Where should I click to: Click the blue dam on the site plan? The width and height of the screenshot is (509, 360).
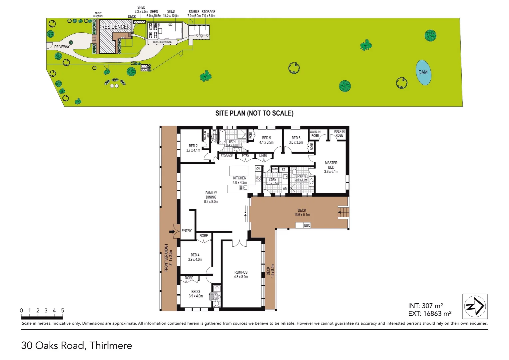pos(423,73)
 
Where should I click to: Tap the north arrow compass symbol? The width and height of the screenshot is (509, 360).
pos(475,306)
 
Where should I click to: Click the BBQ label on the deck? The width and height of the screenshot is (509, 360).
pos(307,226)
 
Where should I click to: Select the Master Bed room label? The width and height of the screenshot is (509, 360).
pos(331,167)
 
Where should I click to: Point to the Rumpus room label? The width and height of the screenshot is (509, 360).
pos(241,274)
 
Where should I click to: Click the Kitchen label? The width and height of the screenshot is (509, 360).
pos(240,180)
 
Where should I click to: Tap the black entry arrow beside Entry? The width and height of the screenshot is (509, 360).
pos(172,232)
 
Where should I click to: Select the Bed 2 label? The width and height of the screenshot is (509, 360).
pos(193,148)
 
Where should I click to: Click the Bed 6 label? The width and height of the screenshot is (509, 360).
pos(296,140)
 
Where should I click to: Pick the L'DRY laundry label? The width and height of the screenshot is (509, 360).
pos(272,181)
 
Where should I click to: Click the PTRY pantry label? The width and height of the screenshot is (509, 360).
pos(246,156)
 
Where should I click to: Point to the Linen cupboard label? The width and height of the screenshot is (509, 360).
pos(263,156)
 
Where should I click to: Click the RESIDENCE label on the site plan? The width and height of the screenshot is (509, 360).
pos(114,27)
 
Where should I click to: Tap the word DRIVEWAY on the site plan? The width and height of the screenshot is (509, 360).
pos(62,47)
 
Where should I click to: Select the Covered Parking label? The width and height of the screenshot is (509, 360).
pos(163,42)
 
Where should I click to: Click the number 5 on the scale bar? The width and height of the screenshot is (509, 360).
pos(62,311)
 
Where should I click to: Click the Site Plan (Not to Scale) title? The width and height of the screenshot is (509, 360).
pos(254,113)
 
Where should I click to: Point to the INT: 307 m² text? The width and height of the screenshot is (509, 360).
pos(425,306)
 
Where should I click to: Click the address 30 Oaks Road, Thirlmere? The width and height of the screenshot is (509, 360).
pos(77,345)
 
